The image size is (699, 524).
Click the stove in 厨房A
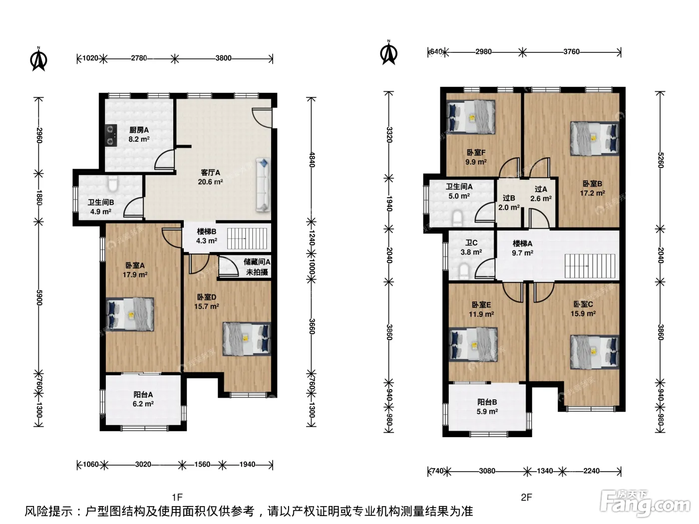(x=111, y=135)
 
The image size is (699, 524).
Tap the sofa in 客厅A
(x=263, y=185)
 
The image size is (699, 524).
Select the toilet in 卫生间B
(x=112, y=184)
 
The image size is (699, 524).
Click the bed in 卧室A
(x=130, y=315)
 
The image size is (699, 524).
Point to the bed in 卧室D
(x=247, y=339)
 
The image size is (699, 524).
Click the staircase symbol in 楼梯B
(x=247, y=239)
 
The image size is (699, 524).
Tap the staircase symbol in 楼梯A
(x=590, y=266)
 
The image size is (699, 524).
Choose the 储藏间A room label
(x=257, y=262)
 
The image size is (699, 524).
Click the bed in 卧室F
(x=471, y=117)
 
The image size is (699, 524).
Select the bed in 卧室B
(x=595, y=138)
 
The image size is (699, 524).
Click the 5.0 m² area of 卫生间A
(x=459, y=196)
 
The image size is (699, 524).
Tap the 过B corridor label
(x=509, y=198)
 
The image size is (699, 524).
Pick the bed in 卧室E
(x=473, y=345)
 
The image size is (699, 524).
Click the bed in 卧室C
(x=595, y=352)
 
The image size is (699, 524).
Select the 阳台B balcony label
(x=487, y=402)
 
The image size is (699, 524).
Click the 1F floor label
(x=177, y=497)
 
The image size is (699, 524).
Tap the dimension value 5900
(x=39, y=297)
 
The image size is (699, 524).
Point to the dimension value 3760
(x=571, y=51)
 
